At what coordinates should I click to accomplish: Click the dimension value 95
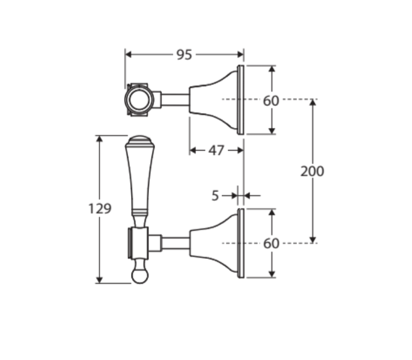[185, 54]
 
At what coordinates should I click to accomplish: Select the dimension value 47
[216, 150]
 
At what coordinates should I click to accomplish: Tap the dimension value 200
[312, 171]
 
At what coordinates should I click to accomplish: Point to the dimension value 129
[100, 209]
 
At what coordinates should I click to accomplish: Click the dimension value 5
[215, 195]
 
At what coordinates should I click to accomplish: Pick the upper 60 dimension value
[271, 100]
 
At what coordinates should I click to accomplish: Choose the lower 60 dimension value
[271, 243]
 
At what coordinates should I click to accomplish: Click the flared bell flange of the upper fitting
[214, 100]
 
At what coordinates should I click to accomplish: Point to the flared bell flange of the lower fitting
[214, 243]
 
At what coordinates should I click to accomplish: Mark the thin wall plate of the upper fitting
[240, 100]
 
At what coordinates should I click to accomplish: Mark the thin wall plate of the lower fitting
[240, 243]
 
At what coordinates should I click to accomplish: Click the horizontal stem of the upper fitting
[175, 100]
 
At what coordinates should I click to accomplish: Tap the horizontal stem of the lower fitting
[175, 243]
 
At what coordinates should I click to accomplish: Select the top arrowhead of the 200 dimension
[313, 103]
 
